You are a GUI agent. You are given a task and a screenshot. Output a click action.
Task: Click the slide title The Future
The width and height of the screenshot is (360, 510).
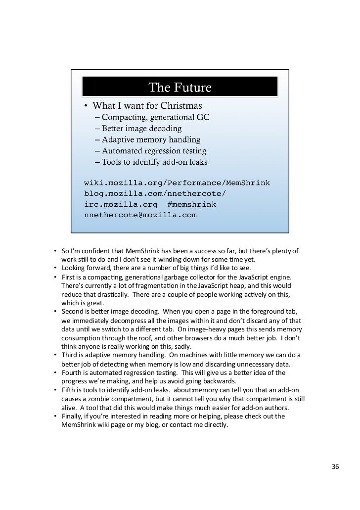tap(180, 88)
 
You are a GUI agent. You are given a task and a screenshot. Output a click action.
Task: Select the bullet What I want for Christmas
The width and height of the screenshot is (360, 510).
tap(147, 106)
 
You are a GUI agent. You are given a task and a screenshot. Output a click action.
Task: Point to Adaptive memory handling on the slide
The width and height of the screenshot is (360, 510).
tap(147, 139)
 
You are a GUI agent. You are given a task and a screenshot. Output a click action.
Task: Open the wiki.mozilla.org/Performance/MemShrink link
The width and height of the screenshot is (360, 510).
tap(177, 183)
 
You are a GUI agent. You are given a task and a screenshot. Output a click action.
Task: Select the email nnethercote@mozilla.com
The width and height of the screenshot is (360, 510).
tap(140, 215)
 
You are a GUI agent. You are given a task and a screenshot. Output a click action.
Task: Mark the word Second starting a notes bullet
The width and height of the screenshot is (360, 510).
tap(72, 311)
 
